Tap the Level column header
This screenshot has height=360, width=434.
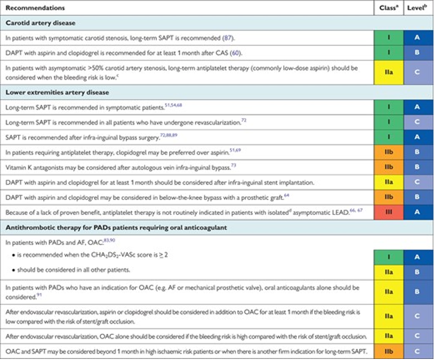(418, 8)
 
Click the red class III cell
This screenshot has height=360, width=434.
(388, 212)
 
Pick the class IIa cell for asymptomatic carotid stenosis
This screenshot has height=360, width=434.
(388, 73)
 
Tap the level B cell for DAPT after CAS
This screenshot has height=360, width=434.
(418, 53)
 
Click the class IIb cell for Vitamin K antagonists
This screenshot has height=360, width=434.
(388, 167)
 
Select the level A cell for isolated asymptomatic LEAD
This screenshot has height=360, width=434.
(418, 212)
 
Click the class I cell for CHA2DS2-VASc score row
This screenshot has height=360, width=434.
(388, 257)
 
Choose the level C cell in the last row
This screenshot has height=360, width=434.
(418, 351)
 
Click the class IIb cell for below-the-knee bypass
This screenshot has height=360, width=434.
(388, 197)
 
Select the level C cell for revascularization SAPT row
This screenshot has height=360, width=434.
(418, 122)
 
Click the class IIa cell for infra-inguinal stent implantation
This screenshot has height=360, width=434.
(388, 182)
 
